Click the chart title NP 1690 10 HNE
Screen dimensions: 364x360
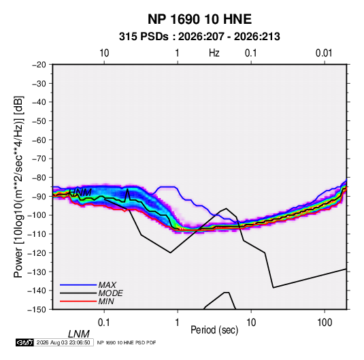click(199, 19)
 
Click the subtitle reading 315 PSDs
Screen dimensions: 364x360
click(144, 37)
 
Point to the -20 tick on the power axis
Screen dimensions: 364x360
click(39, 65)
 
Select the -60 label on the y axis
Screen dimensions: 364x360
click(39, 140)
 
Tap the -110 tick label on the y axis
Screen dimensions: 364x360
click(37, 234)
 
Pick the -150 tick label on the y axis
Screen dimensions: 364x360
click(37, 310)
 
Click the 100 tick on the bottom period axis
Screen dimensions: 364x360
click(325, 323)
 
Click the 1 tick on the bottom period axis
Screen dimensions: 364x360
click(178, 323)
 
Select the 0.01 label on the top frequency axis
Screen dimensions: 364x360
click(324, 53)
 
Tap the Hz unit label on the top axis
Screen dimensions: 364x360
click(214, 53)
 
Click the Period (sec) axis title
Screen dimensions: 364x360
click(214, 330)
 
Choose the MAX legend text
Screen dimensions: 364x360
click(107, 285)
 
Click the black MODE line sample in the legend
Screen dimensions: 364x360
click(78, 293)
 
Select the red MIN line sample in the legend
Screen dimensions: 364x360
click(78, 301)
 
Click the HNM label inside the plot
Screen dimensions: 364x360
click(80, 193)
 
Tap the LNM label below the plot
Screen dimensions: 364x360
click(78, 334)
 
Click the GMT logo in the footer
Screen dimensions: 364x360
click(24, 342)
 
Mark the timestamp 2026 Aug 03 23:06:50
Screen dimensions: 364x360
click(63, 342)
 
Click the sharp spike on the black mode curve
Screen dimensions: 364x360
click(127, 189)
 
